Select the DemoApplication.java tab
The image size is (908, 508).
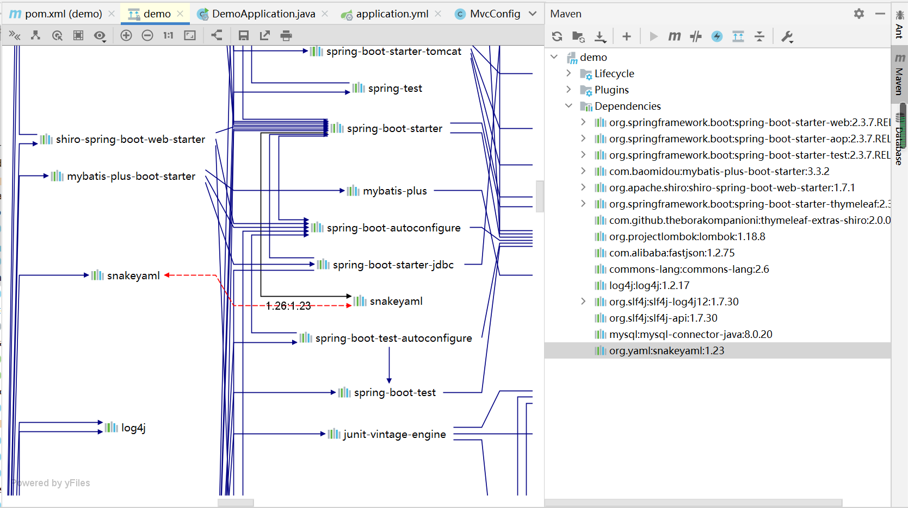(x=263, y=14)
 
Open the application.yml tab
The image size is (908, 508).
(x=392, y=14)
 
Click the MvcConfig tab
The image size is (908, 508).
(x=495, y=14)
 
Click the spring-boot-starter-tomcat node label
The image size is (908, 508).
(x=393, y=51)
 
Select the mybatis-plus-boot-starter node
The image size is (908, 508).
(x=131, y=176)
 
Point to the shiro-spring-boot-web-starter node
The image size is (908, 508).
(x=130, y=139)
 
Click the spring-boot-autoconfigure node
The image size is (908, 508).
(x=393, y=228)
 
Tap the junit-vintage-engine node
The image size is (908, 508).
(x=394, y=434)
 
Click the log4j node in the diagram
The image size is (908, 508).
(x=133, y=428)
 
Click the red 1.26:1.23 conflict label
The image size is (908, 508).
(x=288, y=306)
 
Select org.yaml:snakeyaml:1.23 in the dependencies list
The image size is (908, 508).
(x=666, y=350)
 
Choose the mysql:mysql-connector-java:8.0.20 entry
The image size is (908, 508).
(x=690, y=334)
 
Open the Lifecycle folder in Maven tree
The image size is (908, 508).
(x=614, y=73)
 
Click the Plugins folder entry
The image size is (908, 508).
(x=611, y=90)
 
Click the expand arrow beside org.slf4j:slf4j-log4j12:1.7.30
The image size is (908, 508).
(x=583, y=302)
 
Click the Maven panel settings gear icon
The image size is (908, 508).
(x=858, y=14)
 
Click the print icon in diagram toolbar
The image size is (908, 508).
(x=286, y=36)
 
